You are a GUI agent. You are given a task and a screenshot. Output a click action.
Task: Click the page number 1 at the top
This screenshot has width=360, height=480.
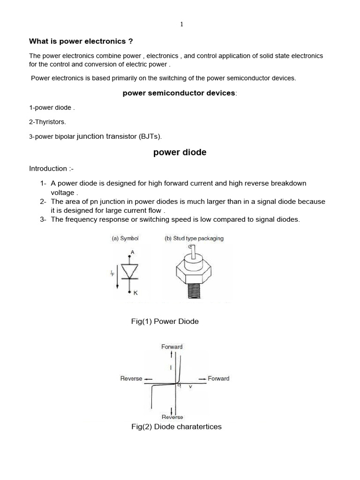tap(181, 24)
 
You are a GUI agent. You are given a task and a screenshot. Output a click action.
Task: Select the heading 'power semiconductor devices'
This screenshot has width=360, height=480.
tap(179, 93)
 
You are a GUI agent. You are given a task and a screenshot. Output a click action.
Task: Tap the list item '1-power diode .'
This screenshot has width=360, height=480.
tap(52, 108)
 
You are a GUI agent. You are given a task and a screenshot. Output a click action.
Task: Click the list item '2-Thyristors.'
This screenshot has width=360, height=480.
tap(47, 122)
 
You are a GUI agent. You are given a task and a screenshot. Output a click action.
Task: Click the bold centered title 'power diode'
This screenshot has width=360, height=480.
tap(180, 153)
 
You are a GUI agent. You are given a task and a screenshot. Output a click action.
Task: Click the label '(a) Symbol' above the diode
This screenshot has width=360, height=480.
tap(125, 238)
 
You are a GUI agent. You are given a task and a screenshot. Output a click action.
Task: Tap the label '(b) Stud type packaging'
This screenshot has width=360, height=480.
tap(194, 238)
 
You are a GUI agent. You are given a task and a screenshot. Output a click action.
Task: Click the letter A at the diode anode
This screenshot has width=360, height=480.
tap(132, 252)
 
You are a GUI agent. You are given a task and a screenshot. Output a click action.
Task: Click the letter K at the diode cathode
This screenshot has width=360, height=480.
tap(136, 293)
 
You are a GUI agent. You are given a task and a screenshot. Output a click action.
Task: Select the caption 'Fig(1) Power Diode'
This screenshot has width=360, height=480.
tap(165, 322)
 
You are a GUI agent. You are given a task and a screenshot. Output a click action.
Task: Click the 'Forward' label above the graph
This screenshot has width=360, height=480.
tap(172, 347)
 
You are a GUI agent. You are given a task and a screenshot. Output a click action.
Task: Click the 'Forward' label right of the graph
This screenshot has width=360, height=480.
tap(218, 379)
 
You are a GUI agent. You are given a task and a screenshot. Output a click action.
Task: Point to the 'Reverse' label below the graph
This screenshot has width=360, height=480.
tap(172, 417)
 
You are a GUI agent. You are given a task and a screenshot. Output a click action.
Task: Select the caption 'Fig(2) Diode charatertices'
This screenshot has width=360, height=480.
tap(176, 427)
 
